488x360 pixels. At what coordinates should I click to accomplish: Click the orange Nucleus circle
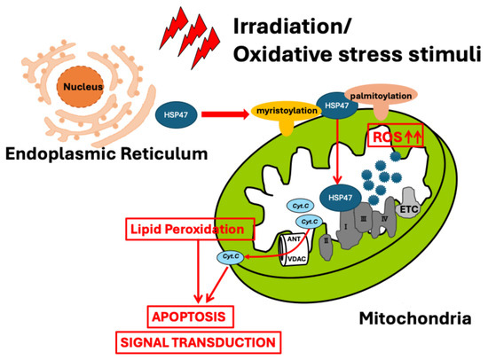tap(80, 87)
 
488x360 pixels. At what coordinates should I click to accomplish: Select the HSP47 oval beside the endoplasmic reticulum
tap(176, 114)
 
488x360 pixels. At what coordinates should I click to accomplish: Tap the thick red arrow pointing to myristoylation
tap(225, 114)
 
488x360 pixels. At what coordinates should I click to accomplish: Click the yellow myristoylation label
tap(287, 111)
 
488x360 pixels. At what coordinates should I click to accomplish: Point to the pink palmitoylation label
tap(381, 96)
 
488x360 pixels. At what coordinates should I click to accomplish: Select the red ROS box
tap(396, 135)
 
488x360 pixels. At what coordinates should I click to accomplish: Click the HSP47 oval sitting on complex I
tap(341, 198)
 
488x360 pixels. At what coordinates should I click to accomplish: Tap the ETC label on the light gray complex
tap(409, 209)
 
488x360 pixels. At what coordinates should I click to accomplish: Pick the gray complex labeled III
tap(363, 218)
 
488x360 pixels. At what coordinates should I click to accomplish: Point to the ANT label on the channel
tap(294, 239)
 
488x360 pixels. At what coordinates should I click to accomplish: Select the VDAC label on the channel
tap(296, 259)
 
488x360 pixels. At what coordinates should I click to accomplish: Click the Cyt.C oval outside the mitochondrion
tap(231, 256)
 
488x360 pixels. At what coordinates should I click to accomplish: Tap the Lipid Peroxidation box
tap(190, 229)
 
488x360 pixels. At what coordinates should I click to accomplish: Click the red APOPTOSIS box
tap(190, 317)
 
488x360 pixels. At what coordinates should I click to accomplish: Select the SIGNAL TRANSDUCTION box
tap(198, 342)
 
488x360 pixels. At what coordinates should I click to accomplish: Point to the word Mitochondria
tap(415, 318)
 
